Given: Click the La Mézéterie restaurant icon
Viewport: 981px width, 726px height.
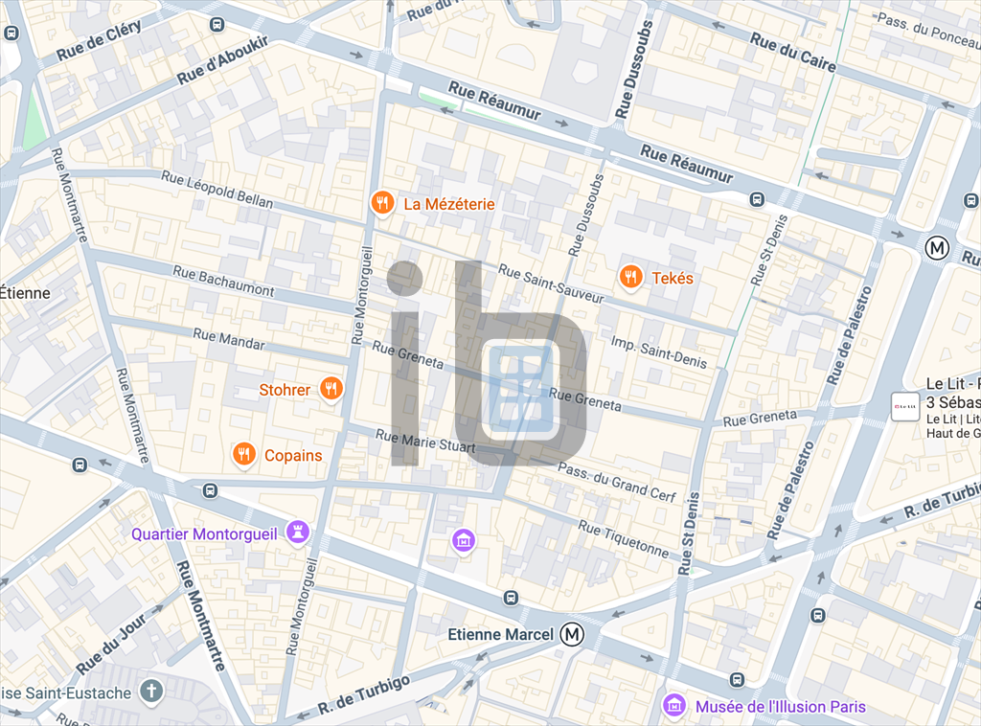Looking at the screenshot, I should [381, 203].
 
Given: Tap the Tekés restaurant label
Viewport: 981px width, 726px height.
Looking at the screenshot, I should [673, 278].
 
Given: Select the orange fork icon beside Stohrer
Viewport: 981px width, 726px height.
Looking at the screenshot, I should [331, 389].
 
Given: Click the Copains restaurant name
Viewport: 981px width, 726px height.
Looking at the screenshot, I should [293, 455].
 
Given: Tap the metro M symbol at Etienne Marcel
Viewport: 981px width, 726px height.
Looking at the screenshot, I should [573, 634].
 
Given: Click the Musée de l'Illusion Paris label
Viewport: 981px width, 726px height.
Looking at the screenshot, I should [780, 707].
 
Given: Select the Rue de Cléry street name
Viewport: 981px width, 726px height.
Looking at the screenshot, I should [99, 41].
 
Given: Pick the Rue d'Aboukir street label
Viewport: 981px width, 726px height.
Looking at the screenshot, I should [223, 60].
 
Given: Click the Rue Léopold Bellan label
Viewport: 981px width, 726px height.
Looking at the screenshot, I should [217, 190].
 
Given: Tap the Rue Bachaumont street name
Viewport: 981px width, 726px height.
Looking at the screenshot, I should [223, 282].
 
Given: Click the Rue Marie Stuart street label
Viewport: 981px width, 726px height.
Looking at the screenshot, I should [425, 442].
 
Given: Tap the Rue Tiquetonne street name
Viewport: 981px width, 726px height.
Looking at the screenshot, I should [623, 539].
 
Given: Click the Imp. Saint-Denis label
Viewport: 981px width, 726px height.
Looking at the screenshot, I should [658, 352].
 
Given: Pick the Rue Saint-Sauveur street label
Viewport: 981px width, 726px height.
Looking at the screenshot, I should [551, 284].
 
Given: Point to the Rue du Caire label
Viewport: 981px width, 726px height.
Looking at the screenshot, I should [793, 53].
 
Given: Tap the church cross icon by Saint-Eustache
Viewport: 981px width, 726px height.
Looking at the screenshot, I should [150, 690].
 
